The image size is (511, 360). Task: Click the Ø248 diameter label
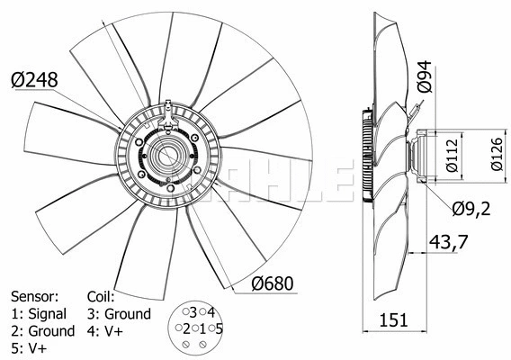click(x=34, y=80)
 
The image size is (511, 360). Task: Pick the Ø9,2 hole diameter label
click(x=471, y=210)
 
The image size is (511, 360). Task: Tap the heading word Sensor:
click(x=34, y=296)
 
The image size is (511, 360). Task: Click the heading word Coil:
click(x=102, y=296)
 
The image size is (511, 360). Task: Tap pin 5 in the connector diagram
click(x=217, y=328)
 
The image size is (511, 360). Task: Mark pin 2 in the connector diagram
click(x=184, y=328)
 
